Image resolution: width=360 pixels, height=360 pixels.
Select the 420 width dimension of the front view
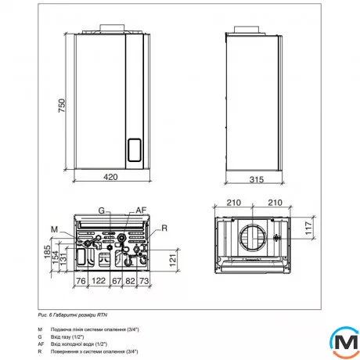[110, 178]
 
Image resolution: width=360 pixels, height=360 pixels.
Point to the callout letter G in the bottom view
[101, 210]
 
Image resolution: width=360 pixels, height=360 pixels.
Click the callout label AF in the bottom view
[141, 210]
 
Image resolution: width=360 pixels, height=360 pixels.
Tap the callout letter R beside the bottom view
[165, 228]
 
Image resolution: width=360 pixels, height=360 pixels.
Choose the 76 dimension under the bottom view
[80, 279]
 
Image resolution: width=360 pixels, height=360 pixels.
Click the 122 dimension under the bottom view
[99, 279]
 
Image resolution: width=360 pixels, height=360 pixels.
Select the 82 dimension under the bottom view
[133, 279]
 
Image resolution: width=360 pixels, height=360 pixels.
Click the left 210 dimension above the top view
[233, 203]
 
